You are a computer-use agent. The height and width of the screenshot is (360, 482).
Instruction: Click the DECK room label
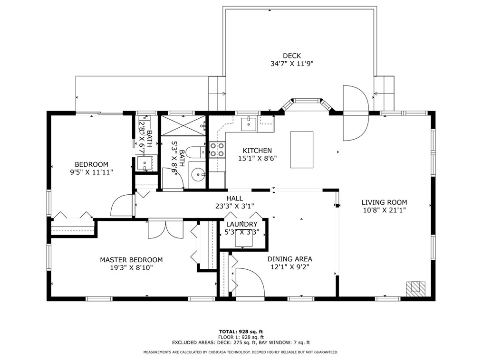[x=292, y=56]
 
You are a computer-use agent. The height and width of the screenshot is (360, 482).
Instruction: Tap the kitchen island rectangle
[x=302, y=150]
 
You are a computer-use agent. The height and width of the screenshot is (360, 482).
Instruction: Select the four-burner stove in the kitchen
[x=217, y=150]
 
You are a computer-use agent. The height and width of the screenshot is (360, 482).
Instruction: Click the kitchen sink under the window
[x=249, y=124]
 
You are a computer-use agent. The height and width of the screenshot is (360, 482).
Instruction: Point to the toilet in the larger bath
[x=196, y=152]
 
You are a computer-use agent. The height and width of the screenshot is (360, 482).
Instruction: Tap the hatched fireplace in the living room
[x=415, y=289]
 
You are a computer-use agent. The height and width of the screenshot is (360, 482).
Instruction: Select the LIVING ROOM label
[x=384, y=202]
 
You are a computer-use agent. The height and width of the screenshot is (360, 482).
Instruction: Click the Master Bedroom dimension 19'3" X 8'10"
[x=131, y=267]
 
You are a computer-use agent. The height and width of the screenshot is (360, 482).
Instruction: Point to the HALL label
[x=234, y=199]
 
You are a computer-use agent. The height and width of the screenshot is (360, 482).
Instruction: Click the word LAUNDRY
[x=241, y=224]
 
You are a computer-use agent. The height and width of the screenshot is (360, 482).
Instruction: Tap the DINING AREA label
[x=289, y=259]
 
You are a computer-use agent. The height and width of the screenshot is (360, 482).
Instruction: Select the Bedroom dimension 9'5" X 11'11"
[x=91, y=172]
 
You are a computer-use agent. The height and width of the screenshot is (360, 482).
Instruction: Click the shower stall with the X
[x=183, y=125]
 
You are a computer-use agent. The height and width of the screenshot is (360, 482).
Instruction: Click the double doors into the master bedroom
[x=166, y=229]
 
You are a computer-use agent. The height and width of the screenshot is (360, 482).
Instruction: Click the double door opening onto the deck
[x=356, y=113]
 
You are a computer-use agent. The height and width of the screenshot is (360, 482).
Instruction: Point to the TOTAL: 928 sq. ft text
[x=241, y=332]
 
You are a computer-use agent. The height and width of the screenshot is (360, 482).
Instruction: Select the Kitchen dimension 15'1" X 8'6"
[x=257, y=159]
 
